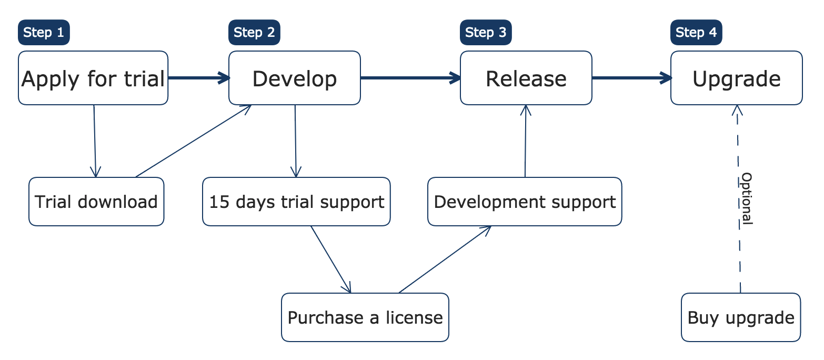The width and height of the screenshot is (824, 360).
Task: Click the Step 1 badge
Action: (x=44, y=33)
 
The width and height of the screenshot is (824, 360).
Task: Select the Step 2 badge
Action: (x=254, y=33)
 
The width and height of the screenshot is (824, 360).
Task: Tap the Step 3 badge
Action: (x=486, y=33)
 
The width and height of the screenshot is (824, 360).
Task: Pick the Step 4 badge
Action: (x=696, y=33)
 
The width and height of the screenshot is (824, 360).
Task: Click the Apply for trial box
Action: (x=93, y=78)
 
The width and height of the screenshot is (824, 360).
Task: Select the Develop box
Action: (x=295, y=78)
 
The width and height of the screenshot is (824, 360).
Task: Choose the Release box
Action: (x=526, y=78)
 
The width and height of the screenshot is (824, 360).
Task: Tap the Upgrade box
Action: (x=737, y=78)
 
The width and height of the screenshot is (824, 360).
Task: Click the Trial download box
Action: (x=96, y=202)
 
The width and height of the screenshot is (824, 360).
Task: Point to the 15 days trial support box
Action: (x=296, y=202)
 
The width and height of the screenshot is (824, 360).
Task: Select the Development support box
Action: (x=525, y=202)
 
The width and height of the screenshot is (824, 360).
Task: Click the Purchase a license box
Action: (x=365, y=317)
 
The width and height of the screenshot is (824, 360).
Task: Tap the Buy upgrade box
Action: (x=741, y=317)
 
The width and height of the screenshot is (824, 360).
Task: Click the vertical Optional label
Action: (x=746, y=198)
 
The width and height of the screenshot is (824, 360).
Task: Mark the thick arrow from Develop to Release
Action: (x=410, y=78)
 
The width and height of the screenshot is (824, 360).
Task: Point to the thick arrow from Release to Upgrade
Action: (x=631, y=78)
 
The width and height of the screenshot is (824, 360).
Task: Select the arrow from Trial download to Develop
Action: (x=194, y=142)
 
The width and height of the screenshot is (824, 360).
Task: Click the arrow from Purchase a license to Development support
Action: (x=445, y=259)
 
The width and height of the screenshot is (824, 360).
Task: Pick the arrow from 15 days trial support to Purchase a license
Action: (x=331, y=259)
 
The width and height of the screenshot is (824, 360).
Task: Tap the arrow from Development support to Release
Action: (x=526, y=142)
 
